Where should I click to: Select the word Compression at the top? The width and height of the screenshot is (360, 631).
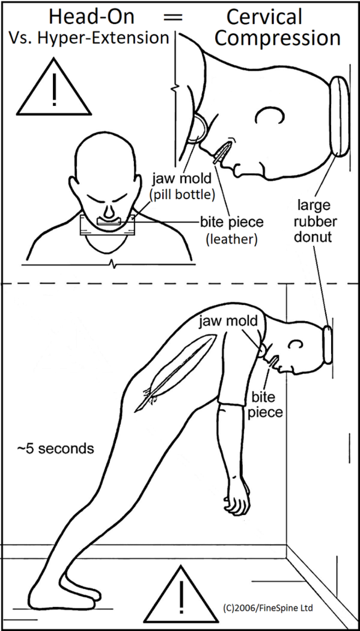(x=277, y=38)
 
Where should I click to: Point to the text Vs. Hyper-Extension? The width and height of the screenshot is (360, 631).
(x=89, y=38)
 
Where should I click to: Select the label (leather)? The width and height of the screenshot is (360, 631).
(x=231, y=239)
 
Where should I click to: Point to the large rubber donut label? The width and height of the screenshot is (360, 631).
(x=315, y=219)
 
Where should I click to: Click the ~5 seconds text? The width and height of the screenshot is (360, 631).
(x=56, y=448)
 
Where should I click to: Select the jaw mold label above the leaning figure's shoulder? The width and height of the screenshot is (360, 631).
(x=227, y=320)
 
